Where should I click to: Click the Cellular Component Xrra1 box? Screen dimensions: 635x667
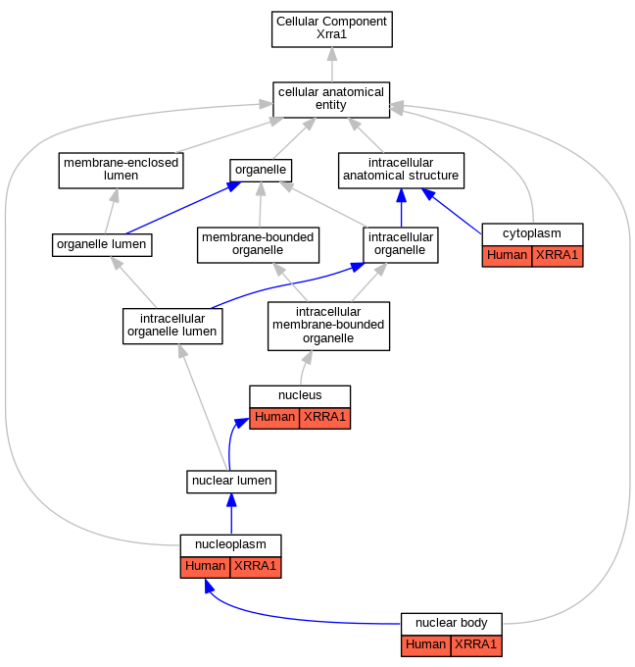coord(331,28)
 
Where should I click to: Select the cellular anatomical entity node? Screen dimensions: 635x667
coord(331,99)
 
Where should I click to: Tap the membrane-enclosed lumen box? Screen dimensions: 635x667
coord(121,170)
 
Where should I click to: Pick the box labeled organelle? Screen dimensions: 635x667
coord(261,170)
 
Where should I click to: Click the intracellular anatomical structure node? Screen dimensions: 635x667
coord(401,170)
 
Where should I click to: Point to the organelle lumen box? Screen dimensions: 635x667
coord(102,244)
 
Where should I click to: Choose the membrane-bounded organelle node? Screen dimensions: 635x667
coord(258,244)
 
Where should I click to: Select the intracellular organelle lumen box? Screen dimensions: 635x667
coord(172,326)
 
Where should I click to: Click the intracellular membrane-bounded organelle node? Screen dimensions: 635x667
coord(328,326)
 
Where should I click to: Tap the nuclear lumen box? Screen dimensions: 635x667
coord(231,482)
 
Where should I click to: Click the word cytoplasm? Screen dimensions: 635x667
coord(532,233)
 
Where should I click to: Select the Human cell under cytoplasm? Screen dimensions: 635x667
coord(507,256)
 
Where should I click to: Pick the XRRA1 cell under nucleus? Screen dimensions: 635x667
coord(324,418)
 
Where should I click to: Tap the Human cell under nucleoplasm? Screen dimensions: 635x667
coord(205,567)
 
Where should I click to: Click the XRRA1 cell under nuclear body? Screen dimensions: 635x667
coord(476,645)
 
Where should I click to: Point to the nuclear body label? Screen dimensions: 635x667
coord(451,623)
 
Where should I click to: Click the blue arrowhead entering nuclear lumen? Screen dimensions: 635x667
coord(231,500)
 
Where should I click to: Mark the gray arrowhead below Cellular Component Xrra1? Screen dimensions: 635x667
coord(332,54)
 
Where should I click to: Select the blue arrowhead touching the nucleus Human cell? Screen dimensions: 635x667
coord(241,423)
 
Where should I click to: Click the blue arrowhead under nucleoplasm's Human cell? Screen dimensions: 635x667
coord(209,586)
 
